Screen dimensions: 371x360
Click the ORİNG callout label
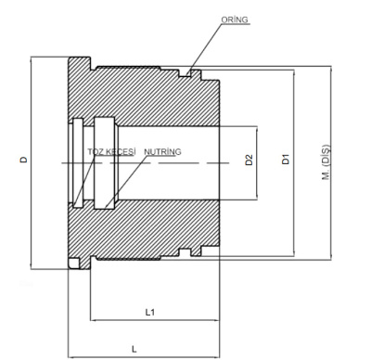click(x=235, y=19)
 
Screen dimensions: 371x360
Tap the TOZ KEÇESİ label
click(x=111, y=152)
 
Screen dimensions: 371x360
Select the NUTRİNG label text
click(x=162, y=152)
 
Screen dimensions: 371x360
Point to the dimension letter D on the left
click(x=24, y=160)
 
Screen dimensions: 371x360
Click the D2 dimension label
click(x=249, y=160)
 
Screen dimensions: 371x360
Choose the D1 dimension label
click(x=286, y=160)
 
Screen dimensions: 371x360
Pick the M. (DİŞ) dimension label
click(x=326, y=162)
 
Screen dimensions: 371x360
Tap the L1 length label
click(x=150, y=312)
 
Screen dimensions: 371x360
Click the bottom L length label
click(x=134, y=350)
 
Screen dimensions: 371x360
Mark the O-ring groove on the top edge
click(x=185, y=73)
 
